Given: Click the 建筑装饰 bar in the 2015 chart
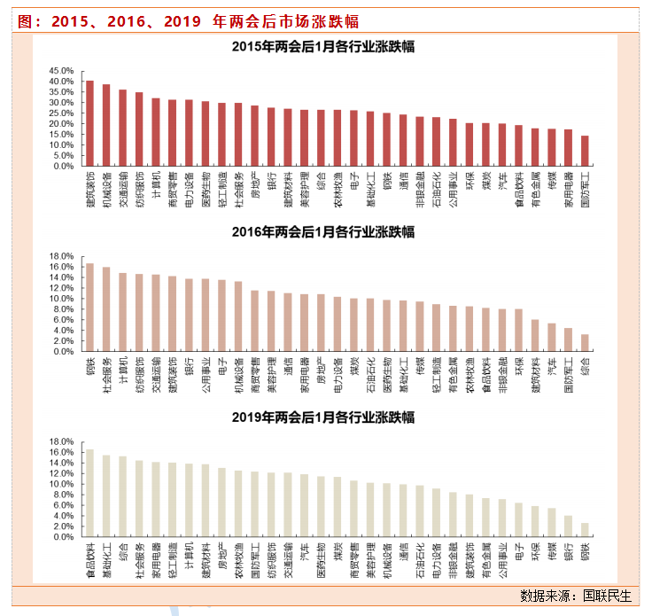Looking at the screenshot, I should [x=89, y=123].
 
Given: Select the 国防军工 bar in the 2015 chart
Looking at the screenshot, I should [x=584, y=151].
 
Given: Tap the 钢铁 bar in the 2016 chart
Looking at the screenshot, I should [x=89, y=307].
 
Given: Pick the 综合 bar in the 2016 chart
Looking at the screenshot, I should [x=584, y=343].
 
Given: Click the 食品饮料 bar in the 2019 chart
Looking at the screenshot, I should [x=89, y=493].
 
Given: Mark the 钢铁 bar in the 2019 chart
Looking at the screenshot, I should [x=584, y=530].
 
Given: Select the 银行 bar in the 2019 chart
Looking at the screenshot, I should [x=568, y=526].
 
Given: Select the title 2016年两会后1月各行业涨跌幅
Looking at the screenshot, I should [x=324, y=232].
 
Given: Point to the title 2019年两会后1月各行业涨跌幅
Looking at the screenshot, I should [x=324, y=417].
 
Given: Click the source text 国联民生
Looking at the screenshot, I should [x=611, y=594].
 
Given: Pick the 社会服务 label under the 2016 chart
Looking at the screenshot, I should [x=106, y=375].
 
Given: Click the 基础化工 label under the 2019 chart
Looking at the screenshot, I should [x=106, y=561].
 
